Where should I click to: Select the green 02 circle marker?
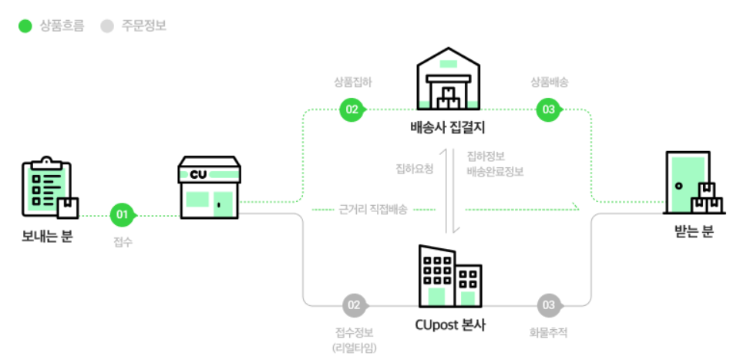(x=352, y=109)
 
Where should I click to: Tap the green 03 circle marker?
(x=549, y=109)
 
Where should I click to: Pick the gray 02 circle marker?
(x=354, y=305)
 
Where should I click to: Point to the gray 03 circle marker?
(x=549, y=305)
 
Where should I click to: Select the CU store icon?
(x=209, y=189)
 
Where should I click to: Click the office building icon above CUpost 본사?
(x=449, y=277)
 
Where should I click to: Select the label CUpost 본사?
(x=450, y=325)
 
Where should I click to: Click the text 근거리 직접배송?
(x=373, y=209)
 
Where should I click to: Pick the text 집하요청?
(x=414, y=168)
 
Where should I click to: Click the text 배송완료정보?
(x=495, y=172)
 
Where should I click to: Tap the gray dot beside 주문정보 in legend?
(x=106, y=26)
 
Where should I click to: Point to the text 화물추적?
(x=549, y=332)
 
